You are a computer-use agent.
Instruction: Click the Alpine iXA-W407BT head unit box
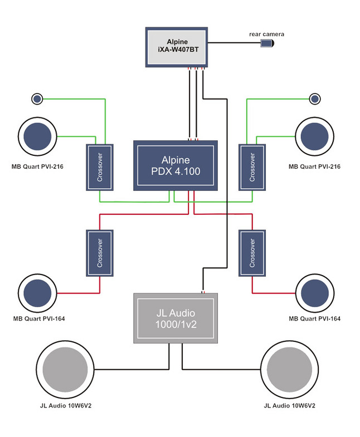pos(177,48)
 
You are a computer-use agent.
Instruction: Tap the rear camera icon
pos(267,43)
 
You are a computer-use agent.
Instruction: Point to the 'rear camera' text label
pos(266,35)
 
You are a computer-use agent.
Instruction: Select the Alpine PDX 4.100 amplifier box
pos(175,165)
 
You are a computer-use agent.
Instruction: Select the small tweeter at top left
pos(37,99)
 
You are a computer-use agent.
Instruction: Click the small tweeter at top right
pos(315,99)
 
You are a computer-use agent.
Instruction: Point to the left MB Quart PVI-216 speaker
pos(37,136)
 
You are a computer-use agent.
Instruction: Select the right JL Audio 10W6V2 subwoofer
pos(288,370)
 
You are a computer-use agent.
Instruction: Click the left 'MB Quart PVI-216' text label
pos(37,166)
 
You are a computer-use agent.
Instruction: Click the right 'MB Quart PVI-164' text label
pos(314,319)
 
